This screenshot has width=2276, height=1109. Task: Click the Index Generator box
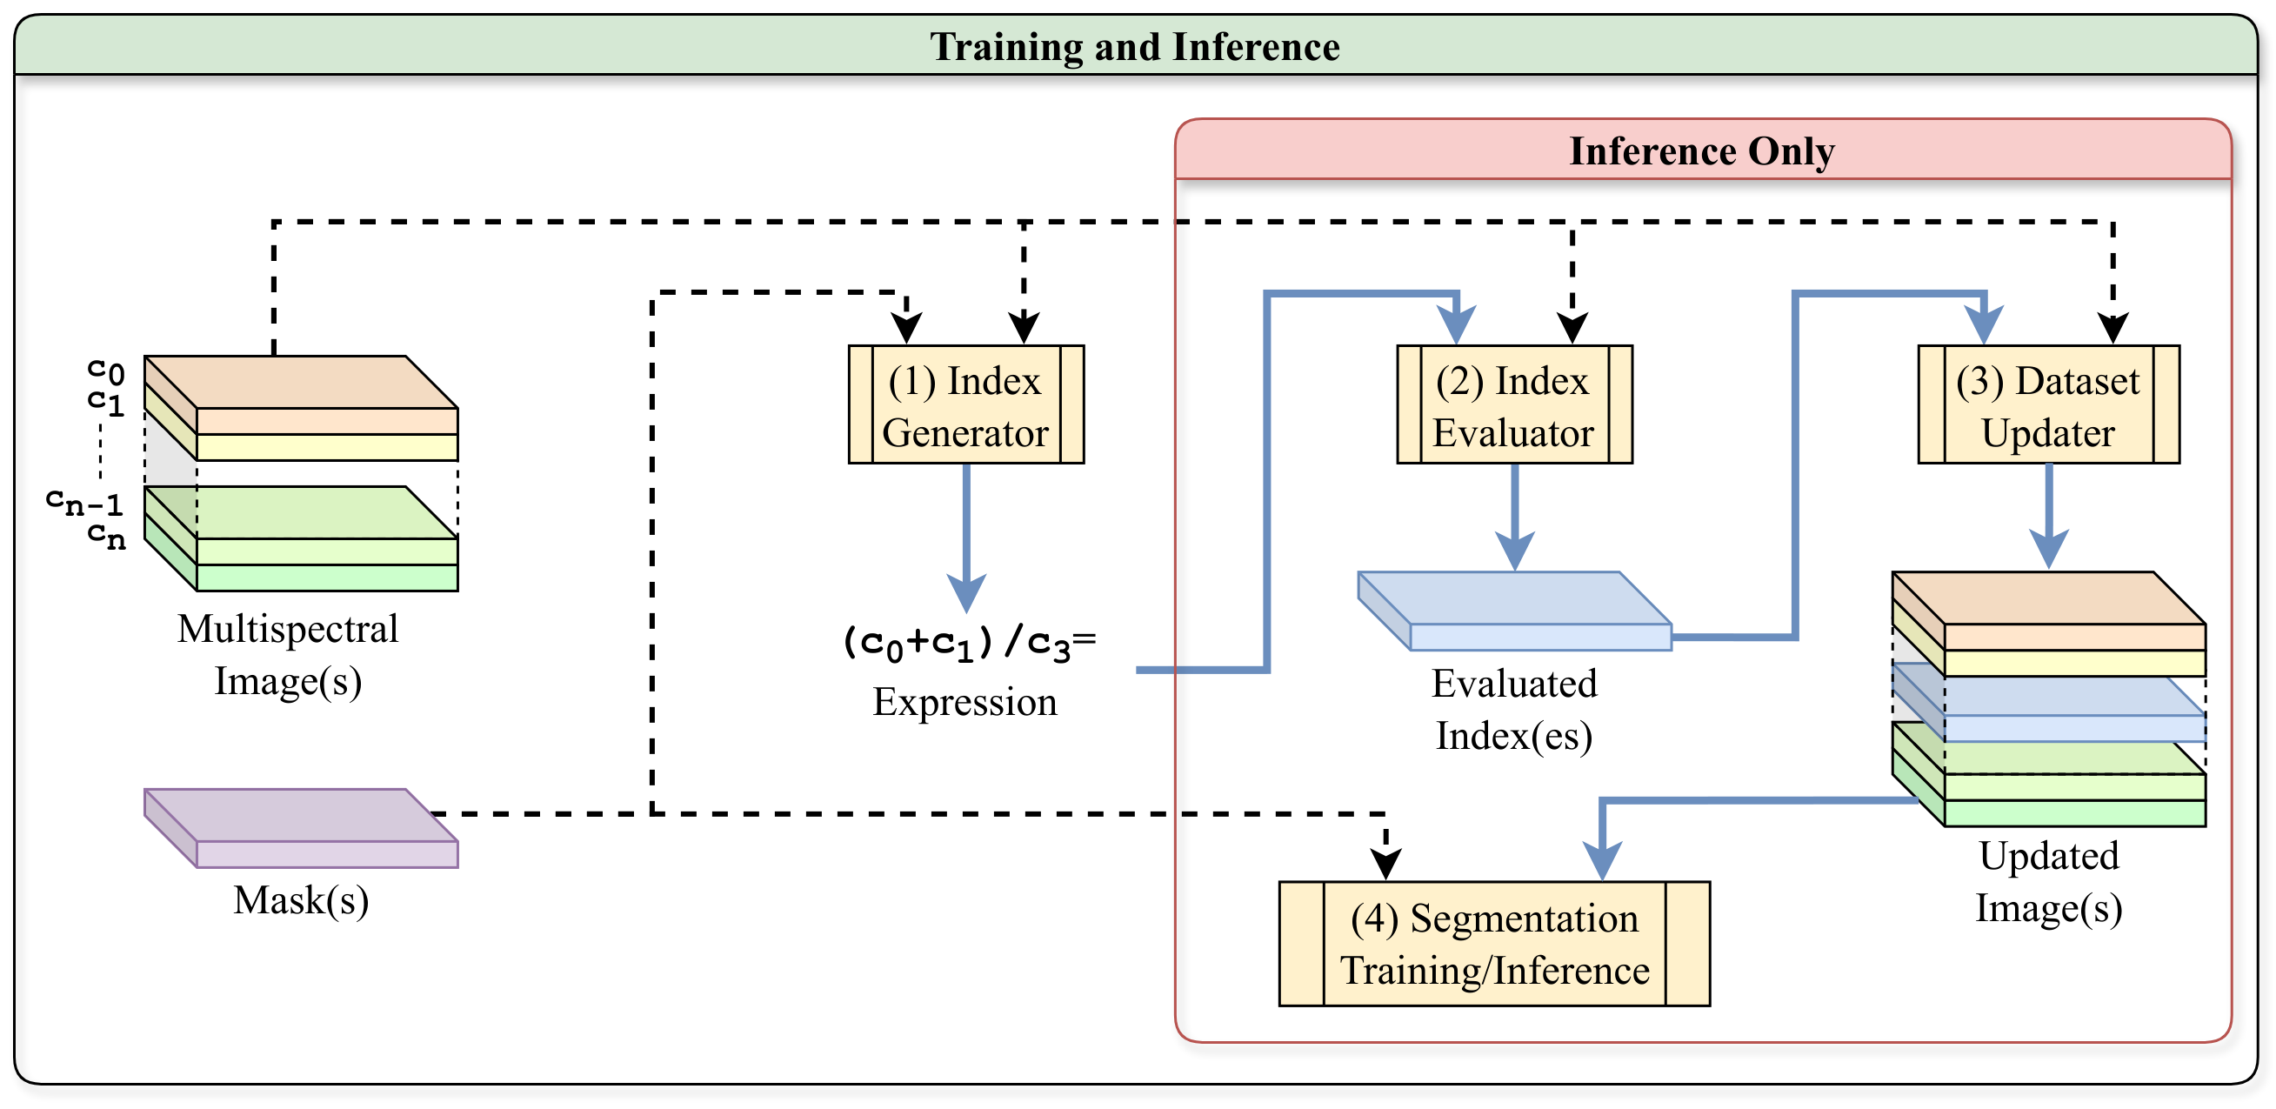click(965, 404)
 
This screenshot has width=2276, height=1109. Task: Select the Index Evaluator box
click(1513, 404)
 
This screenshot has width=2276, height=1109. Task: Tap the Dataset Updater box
click(2047, 404)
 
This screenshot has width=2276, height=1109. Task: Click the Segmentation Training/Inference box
click(1493, 944)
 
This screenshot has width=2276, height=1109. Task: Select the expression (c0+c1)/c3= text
click(967, 643)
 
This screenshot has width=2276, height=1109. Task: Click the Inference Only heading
click(1701, 151)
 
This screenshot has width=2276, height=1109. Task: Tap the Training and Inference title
click(1134, 47)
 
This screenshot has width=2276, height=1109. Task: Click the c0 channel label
click(106, 370)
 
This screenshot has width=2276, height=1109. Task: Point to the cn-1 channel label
click(84, 502)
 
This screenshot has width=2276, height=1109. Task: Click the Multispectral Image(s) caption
click(288, 655)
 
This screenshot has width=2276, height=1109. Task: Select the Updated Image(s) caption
click(2047, 882)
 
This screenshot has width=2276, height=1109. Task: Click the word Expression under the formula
click(964, 702)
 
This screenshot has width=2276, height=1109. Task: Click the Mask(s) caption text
click(300, 900)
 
